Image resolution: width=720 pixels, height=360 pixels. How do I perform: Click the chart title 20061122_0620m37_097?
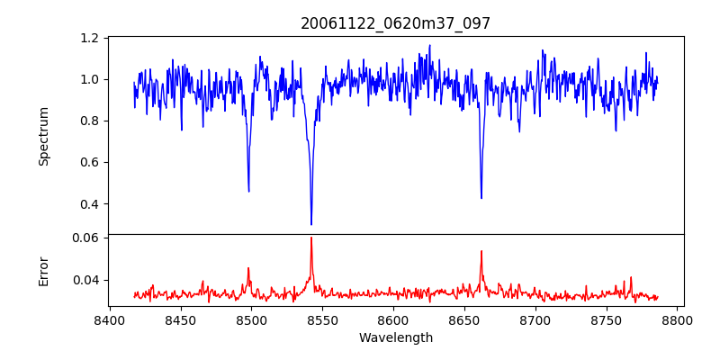[395, 23]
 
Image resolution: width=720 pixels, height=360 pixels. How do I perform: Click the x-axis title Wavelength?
[395, 338]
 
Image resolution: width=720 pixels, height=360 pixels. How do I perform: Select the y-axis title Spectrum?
[44, 136]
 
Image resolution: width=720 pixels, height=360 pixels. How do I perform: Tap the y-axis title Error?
[44, 271]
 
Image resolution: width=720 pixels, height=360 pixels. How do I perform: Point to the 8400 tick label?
[110, 320]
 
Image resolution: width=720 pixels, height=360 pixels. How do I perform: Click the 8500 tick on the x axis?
[251, 320]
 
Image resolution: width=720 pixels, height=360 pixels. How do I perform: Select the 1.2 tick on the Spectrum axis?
[90, 38]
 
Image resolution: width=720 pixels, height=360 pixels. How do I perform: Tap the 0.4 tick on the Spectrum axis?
[90, 203]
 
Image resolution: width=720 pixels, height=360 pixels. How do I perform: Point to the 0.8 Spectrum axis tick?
[90, 121]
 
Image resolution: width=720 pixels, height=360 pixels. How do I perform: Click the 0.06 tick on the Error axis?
[85, 238]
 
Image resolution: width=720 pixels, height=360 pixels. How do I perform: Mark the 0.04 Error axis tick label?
[85, 280]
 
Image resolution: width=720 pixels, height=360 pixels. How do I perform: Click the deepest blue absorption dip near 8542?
[311, 224]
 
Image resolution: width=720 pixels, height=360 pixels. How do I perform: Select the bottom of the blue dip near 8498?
[248, 191]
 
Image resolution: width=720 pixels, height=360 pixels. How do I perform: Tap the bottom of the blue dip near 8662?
[481, 198]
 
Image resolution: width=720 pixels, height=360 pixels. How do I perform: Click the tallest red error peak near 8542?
[311, 238]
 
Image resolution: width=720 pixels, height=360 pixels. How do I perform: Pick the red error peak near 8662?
[481, 251]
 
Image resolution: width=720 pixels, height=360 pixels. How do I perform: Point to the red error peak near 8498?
[248, 267]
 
